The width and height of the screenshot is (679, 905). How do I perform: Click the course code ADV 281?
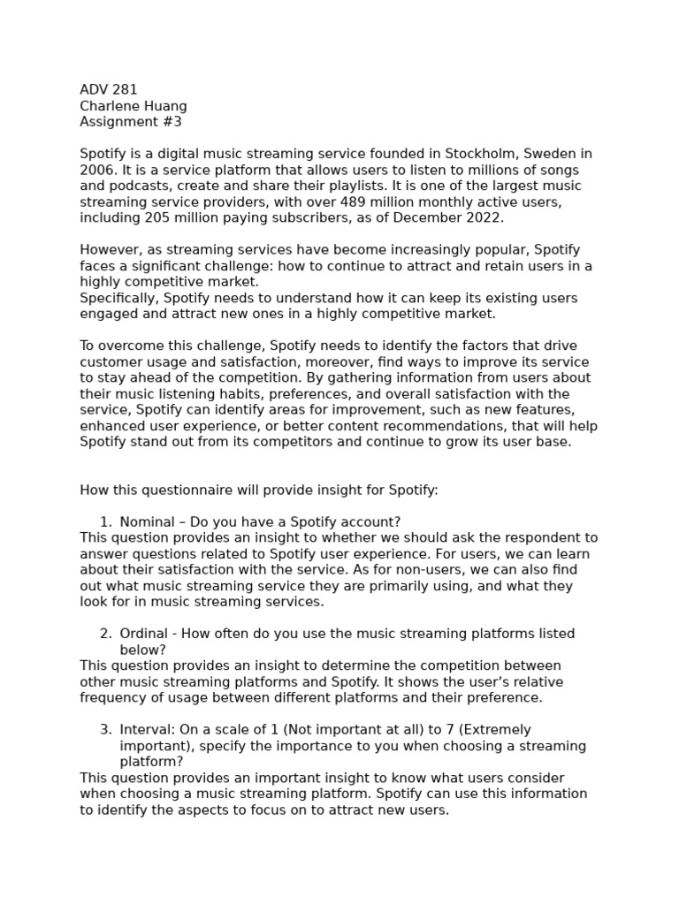click(108, 89)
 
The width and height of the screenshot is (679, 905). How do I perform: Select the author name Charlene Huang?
click(134, 106)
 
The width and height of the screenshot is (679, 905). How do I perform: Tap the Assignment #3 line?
click(131, 122)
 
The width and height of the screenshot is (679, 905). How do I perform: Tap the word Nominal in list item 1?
click(147, 521)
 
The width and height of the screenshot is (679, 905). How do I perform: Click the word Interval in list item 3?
click(146, 730)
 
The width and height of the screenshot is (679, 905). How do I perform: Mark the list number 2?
click(104, 634)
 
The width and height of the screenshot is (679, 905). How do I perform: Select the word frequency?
click(114, 697)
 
